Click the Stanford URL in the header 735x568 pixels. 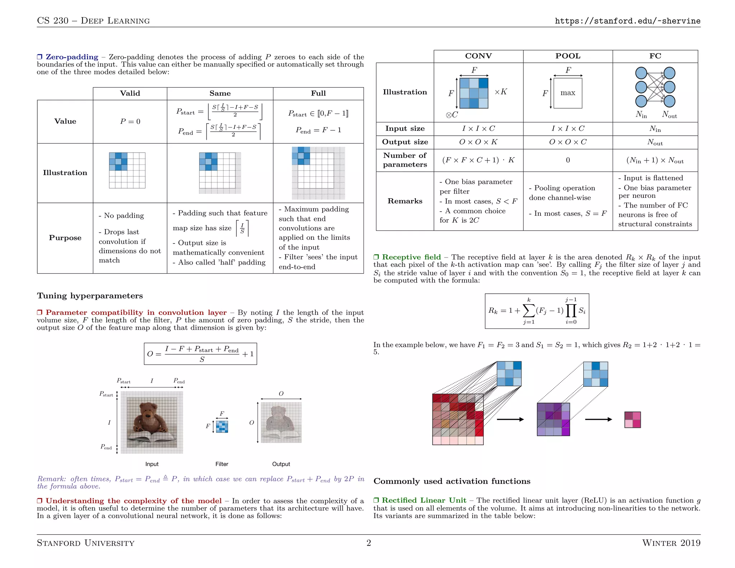point(627,21)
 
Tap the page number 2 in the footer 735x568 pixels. point(369,543)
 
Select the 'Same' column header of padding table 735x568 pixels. point(220,93)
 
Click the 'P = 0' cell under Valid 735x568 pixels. point(130,122)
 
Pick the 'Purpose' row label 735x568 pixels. point(65,238)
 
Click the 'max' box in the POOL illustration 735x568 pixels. point(568,93)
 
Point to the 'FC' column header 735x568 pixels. point(655,56)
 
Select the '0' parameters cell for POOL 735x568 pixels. point(568,160)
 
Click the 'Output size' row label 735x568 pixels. point(405,142)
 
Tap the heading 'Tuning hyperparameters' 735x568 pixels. point(90,296)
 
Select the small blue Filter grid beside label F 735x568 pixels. point(222,427)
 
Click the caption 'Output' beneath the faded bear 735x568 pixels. point(281,464)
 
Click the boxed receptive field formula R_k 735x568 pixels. point(537,311)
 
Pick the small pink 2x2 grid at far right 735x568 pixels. point(632,420)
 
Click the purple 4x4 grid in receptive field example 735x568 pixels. point(553,419)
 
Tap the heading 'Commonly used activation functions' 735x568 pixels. point(452,481)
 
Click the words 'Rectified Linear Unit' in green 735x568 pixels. point(424,501)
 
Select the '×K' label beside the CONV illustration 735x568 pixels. point(501,92)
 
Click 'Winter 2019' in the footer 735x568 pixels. point(671,543)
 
